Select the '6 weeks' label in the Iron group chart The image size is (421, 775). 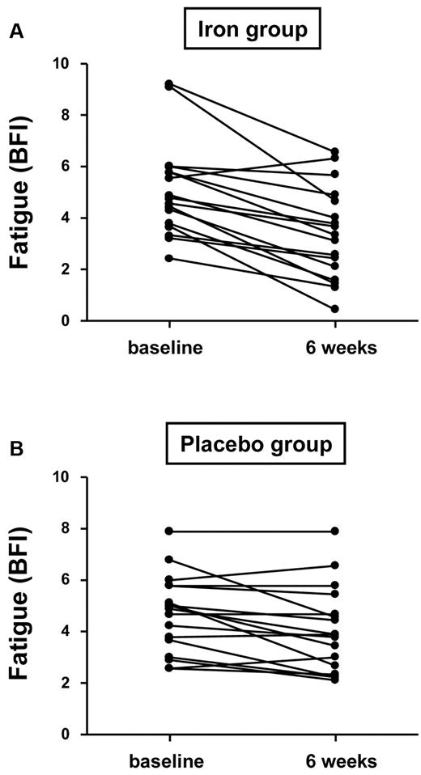click(334, 347)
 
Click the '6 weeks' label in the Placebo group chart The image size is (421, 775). click(334, 761)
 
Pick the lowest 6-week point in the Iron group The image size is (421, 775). click(334, 309)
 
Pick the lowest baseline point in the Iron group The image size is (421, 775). click(168, 258)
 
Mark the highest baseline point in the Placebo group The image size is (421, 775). click(168, 531)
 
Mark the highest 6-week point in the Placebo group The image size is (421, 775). click(334, 531)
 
